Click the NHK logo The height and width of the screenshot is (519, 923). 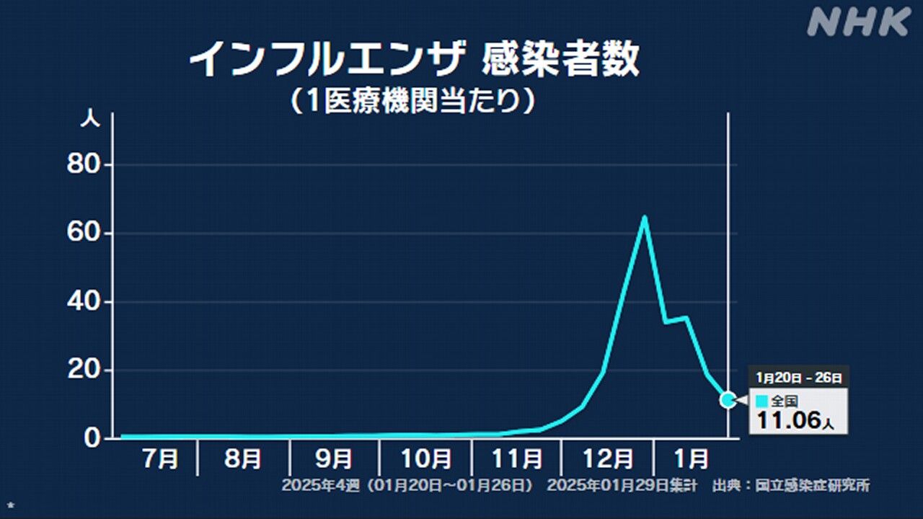pyautogui.click(x=858, y=22)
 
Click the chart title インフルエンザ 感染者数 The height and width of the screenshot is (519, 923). pyautogui.click(x=414, y=60)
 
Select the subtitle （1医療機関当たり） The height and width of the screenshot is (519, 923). pyautogui.click(x=414, y=100)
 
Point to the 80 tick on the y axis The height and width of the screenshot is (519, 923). pyautogui.click(x=86, y=166)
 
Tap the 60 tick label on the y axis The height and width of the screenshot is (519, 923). pyautogui.click(x=86, y=234)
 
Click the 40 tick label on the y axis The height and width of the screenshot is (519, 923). pyautogui.click(x=86, y=303)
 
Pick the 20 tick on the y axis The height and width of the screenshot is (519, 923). pyautogui.click(x=86, y=371)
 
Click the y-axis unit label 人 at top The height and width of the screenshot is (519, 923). pyautogui.click(x=89, y=120)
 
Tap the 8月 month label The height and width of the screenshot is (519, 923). pyautogui.click(x=244, y=459)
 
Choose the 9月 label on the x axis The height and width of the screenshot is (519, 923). pyautogui.click(x=335, y=459)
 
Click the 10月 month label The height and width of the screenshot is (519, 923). pyautogui.click(x=426, y=459)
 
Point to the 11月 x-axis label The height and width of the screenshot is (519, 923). pyautogui.click(x=517, y=459)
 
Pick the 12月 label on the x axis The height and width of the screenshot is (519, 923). pyautogui.click(x=608, y=459)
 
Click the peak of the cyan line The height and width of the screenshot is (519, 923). pyautogui.click(x=644, y=217)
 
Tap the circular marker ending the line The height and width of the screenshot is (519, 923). pyautogui.click(x=728, y=399)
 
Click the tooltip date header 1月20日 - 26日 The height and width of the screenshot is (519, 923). pyautogui.click(x=798, y=377)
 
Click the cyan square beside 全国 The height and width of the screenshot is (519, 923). pyautogui.click(x=761, y=401)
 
